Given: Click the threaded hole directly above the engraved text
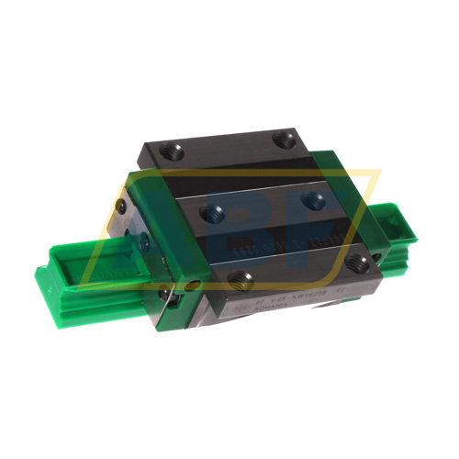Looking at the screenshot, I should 241,275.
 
